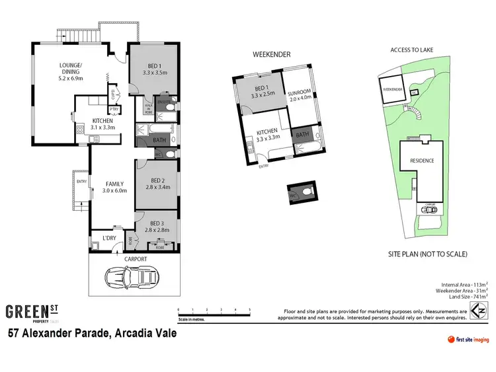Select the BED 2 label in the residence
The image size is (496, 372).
point(157,183)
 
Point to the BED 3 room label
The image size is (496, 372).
point(157,226)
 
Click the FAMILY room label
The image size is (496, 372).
point(114,187)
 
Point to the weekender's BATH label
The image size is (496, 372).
point(302,135)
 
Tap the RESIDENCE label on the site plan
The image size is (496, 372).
point(422,161)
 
